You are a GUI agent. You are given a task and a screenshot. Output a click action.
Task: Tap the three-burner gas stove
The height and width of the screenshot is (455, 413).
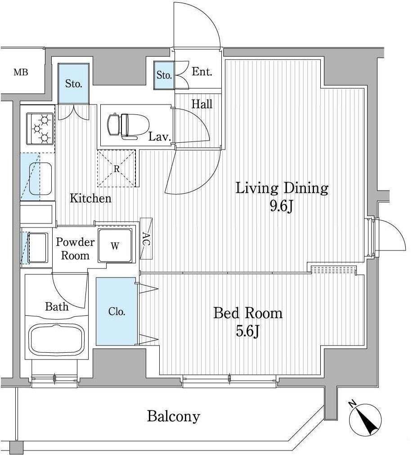(40, 128)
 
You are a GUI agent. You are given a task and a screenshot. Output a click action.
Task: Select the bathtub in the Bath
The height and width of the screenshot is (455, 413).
(57, 339)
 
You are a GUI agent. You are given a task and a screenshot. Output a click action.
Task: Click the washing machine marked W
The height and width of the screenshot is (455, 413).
(115, 246)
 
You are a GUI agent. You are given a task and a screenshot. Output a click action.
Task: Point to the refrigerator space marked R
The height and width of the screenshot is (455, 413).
(117, 168)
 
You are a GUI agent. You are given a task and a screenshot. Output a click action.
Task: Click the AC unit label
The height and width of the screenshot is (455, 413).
(146, 238)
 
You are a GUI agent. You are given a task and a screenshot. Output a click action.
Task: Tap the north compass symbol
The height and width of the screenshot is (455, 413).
(365, 419)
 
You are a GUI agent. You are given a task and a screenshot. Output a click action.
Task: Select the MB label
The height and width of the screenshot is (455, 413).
(21, 72)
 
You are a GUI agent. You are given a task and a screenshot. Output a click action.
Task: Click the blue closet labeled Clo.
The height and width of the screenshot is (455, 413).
(116, 311)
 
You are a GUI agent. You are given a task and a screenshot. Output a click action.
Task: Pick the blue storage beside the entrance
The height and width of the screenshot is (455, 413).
(164, 75)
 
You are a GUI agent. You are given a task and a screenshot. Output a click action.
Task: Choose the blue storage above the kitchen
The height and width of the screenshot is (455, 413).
(73, 84)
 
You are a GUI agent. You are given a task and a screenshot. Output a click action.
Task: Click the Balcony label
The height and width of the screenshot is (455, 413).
(174, 416)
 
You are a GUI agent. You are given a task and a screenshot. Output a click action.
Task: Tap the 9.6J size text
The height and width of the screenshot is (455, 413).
(282, 206)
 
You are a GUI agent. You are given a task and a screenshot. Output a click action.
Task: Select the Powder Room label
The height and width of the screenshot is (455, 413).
(75, 249)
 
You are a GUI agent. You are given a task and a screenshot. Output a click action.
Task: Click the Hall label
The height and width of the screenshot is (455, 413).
(202, 104)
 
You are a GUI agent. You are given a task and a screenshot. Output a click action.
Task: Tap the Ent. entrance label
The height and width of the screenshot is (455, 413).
(202, 72)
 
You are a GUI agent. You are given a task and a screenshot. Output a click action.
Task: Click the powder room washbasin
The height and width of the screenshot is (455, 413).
(37, 248)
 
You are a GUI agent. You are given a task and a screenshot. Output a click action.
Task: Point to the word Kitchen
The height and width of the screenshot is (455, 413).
(91, 198)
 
